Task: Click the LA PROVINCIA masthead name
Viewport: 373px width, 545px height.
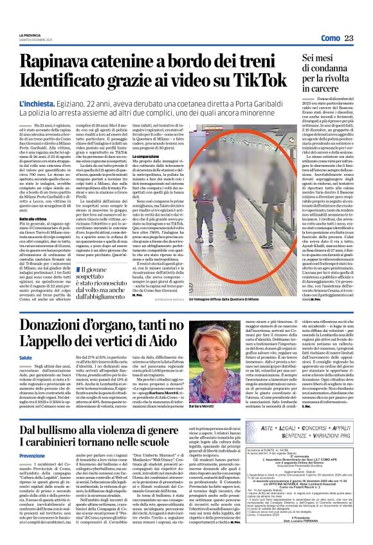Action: (30, 34)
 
